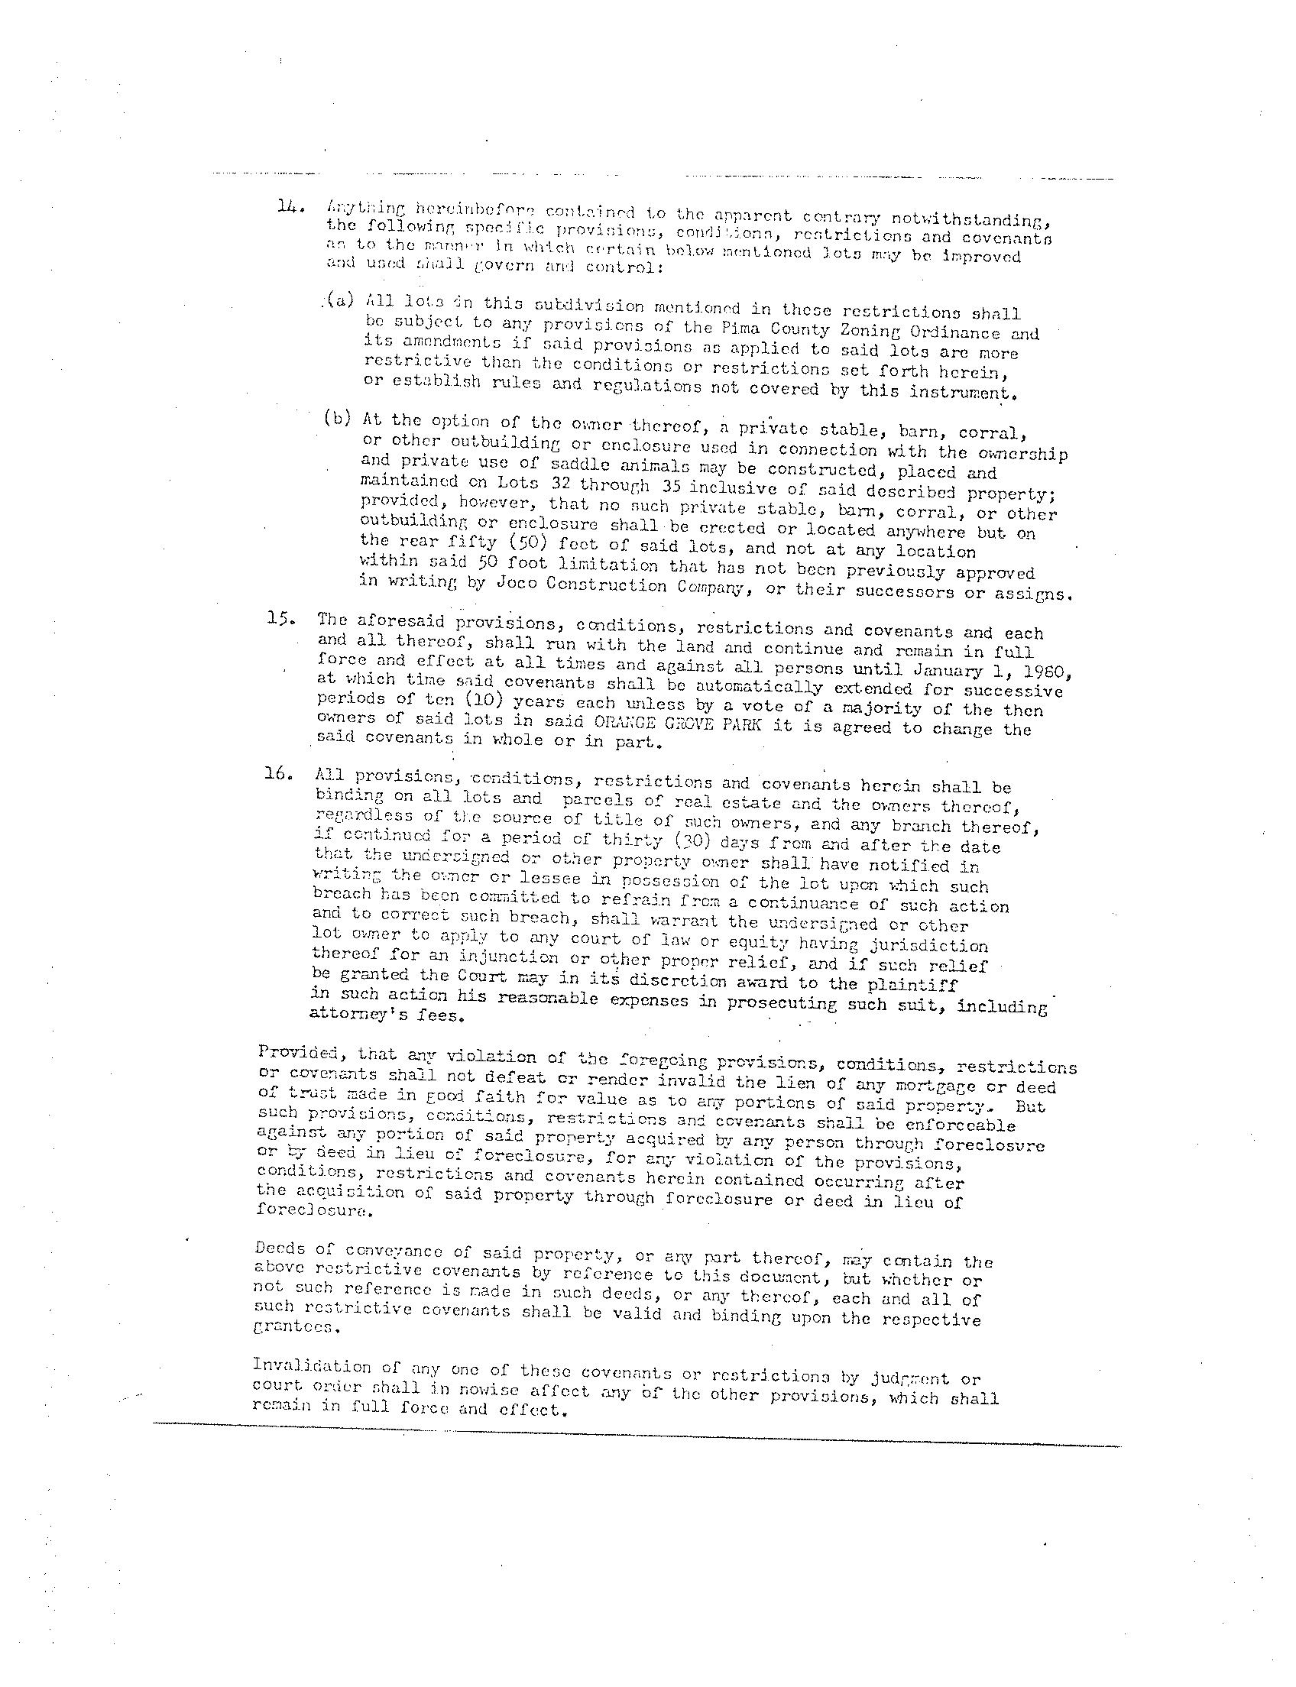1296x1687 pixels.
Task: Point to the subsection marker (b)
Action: click(x=338, y=419)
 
